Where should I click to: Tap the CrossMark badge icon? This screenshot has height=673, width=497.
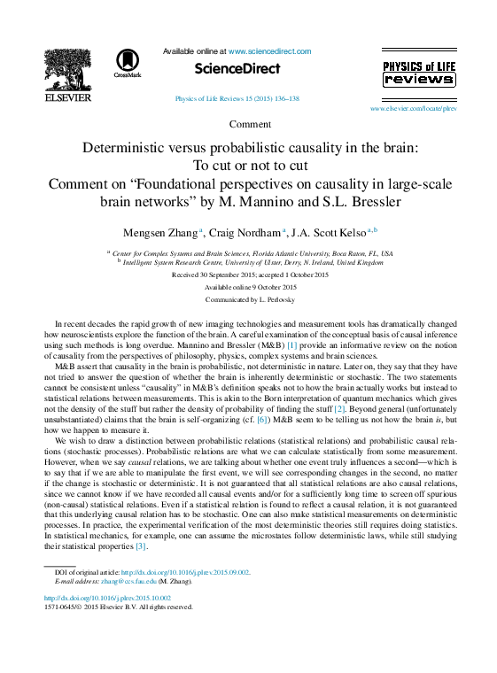[128, 64]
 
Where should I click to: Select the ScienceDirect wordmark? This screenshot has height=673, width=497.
[237, 68]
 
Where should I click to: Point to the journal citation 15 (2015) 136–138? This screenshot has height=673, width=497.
[237, 99]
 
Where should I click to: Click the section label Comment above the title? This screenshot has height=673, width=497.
[250, 124]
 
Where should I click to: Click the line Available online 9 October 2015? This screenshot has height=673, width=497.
[251, 288]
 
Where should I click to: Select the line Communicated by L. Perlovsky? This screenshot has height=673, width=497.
[251, 300]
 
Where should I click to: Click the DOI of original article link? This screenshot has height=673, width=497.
[185, 573]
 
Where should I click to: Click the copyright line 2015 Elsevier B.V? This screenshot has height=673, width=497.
[118, 607]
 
